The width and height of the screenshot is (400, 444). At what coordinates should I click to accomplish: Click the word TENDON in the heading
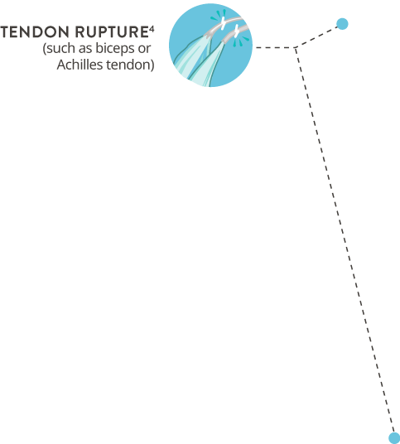[x=35, y=31]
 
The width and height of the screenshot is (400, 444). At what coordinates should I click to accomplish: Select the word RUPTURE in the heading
[x=112, y=31]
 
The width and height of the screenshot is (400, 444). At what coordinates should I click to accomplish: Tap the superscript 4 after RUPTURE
[x=152, y=29]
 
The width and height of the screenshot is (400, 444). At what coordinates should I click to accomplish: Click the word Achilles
[x=80, y=65]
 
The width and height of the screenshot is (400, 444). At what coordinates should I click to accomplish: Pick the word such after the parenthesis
[x=61, y=48]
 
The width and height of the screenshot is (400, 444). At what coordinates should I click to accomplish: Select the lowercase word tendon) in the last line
[x=130, y=65]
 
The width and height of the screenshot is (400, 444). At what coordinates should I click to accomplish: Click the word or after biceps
[x=144, y=49]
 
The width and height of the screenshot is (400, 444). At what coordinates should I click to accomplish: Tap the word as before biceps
[x=86, y=49]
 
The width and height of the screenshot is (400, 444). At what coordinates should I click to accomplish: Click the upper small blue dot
[x=342, y=24]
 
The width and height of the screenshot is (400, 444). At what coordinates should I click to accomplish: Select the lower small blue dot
[x=394, y=437]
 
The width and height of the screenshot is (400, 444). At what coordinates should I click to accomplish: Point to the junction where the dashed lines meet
[x=295, y=47]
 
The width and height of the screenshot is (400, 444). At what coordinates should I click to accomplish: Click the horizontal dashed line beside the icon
[x=275, y=47]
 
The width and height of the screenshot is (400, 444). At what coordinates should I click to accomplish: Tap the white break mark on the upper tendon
[x=223, y=23]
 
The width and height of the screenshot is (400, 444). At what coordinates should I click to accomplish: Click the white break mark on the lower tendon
[x=235, y=31]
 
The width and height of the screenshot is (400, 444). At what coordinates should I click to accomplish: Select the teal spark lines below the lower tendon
[x=241, y=41]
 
